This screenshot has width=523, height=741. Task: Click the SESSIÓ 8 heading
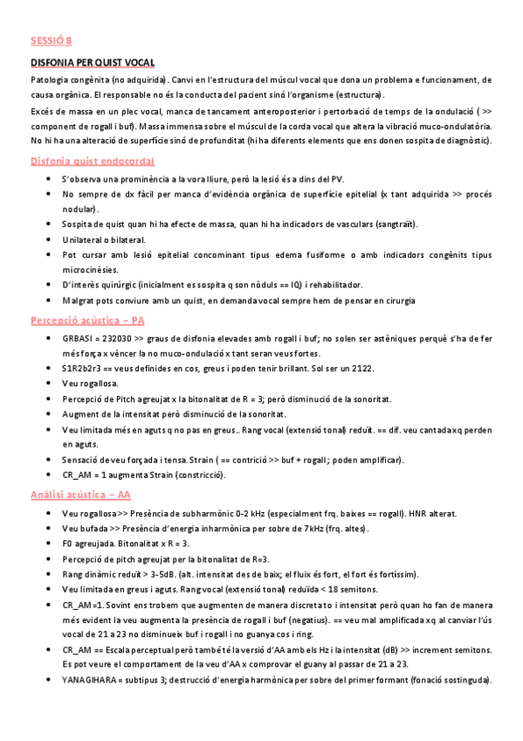(x=52, y=41)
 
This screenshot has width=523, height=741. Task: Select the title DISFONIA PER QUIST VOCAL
(x=93, y=63)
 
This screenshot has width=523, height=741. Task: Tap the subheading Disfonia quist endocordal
(x=93, y=161)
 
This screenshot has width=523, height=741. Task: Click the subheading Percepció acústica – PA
(x=87, y=321)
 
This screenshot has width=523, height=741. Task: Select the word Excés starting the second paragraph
(x=44, y=112)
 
